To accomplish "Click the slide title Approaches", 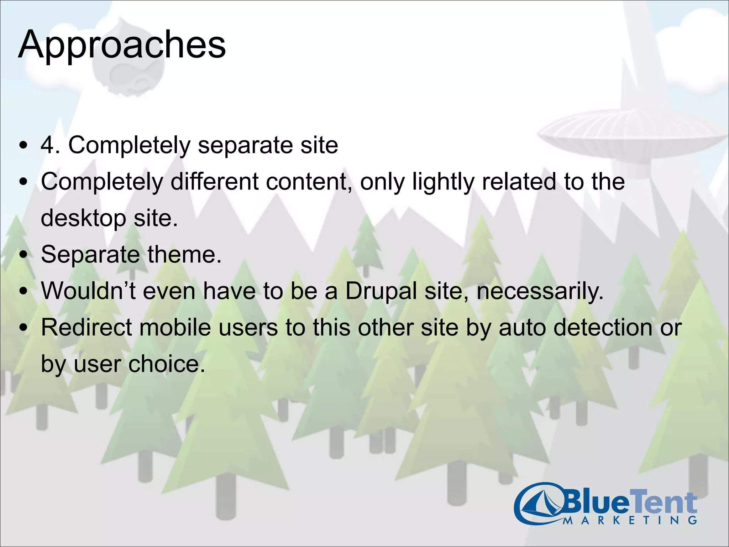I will pos(122,45).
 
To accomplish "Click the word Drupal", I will pos(381,291).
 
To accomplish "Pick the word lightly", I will pos(443,182).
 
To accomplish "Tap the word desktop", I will pos(83,218).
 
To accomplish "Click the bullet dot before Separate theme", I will pos(23,255).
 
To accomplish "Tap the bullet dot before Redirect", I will pos(23,328).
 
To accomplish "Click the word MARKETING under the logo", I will pos(630,521).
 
